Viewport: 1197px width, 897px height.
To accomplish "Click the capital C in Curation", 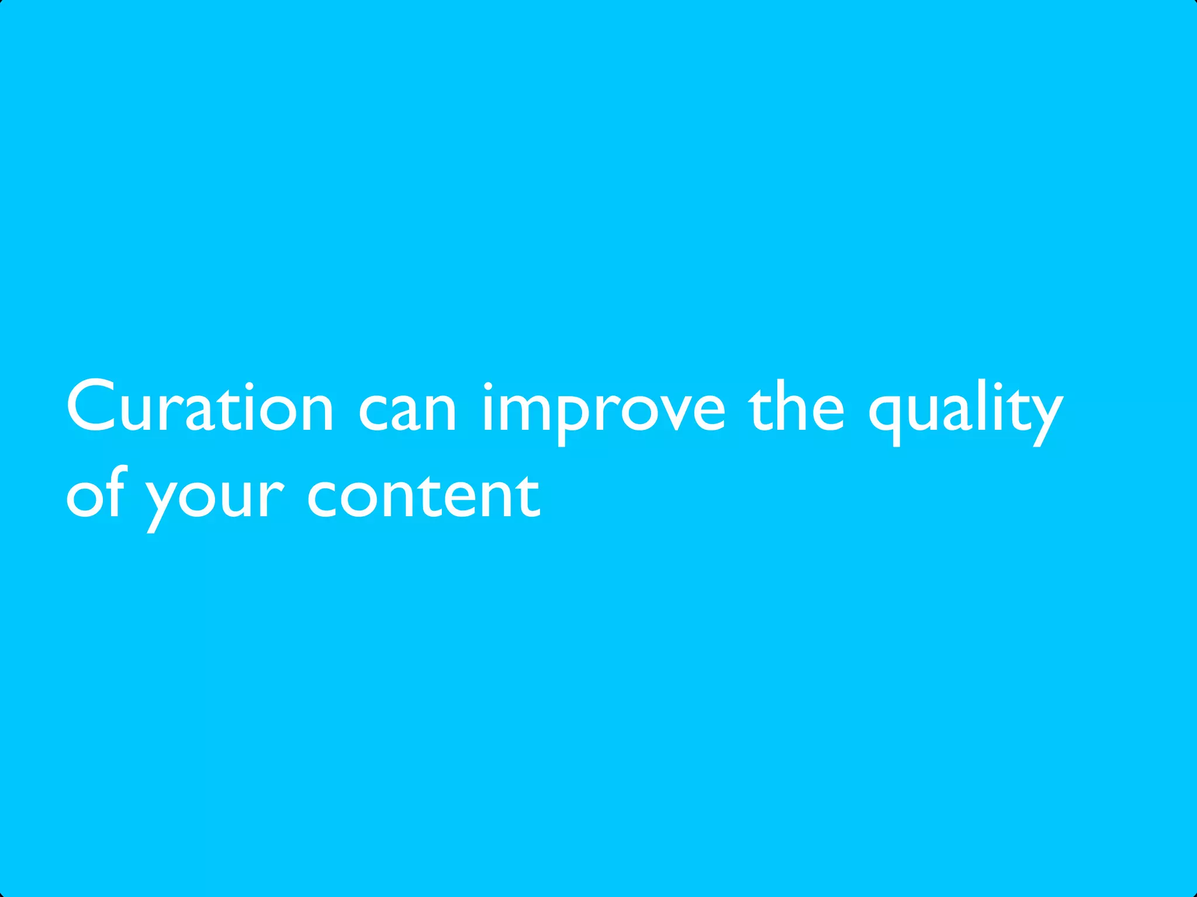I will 91,406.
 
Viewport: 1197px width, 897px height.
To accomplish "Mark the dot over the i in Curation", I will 250,386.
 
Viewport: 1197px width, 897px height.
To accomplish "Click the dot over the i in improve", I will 488,386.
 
